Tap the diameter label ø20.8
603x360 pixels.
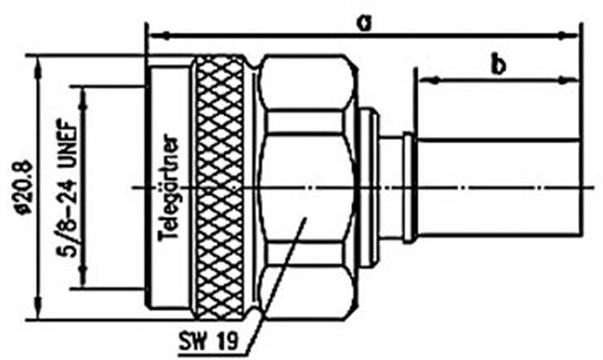coord(22,186)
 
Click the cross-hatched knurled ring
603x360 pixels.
coord(219,187)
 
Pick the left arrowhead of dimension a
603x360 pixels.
coord(152,36)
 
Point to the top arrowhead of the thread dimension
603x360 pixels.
coord(83,90)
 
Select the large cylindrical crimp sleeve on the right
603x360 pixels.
coord(498,187)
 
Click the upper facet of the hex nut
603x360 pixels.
coord(305,83)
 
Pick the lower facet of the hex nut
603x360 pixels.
coord(305,290)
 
